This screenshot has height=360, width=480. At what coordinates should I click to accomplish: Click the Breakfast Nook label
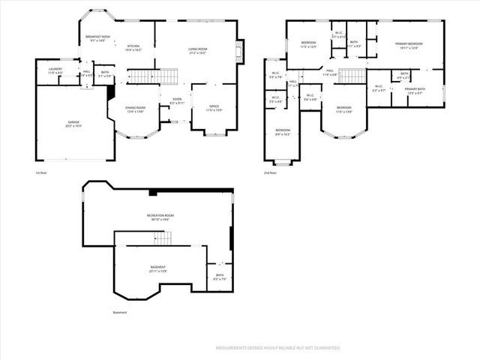pos(97,37)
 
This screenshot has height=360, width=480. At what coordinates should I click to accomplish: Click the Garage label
pos(73,124)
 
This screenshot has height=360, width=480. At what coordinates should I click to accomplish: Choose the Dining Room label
pos(135,109)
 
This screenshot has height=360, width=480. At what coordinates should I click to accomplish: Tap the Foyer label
pos(177,100)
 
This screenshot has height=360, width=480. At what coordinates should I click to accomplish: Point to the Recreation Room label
pos(158,217)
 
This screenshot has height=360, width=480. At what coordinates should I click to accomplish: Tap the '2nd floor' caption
pos(270,173)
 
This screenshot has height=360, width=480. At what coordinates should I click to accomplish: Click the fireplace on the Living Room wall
pos(241,52)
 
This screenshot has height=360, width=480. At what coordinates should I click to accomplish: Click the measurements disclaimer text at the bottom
pos(278,348)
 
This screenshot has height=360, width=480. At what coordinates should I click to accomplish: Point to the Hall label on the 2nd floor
pos(330,73)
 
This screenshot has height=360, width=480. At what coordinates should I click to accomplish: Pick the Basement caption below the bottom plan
pos(120,312)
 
